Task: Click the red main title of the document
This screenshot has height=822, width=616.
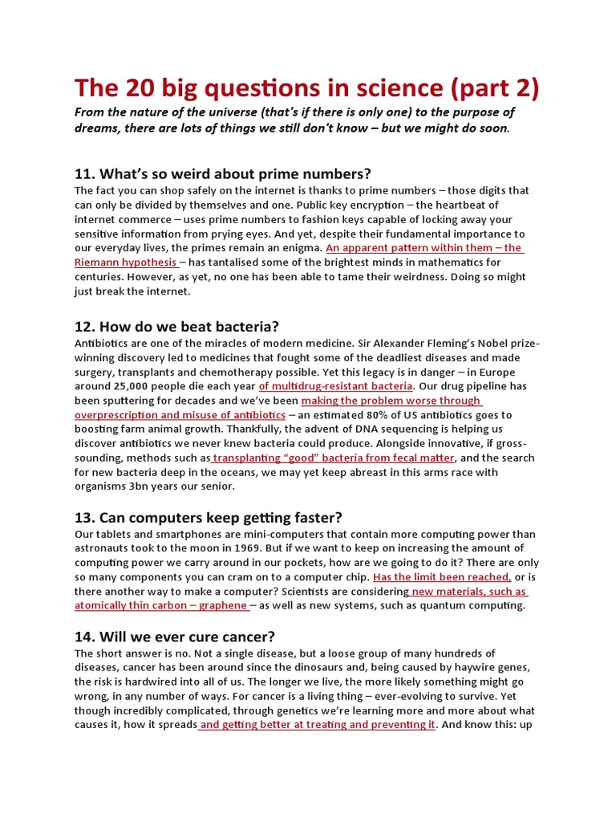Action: click(306, 89)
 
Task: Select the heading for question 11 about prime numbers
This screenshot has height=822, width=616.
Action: click(223, 174)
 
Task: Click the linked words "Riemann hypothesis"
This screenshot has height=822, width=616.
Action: click(125, 262)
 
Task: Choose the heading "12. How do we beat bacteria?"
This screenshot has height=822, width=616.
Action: click(176, 326)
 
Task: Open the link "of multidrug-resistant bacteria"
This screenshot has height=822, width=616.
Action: click(335, 386)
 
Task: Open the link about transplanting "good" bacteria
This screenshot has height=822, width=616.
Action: click(334, 458)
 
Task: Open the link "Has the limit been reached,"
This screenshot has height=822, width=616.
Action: click(442, 577)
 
